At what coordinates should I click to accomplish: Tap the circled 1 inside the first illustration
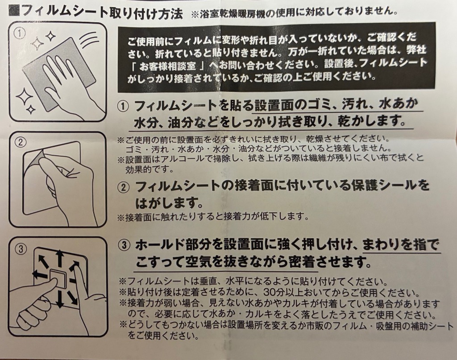click(19, 33)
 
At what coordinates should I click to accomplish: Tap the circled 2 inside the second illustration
click(20, 142)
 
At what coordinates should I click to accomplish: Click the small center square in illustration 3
click(57, 280)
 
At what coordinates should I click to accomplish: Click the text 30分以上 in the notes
click(285, 292)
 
